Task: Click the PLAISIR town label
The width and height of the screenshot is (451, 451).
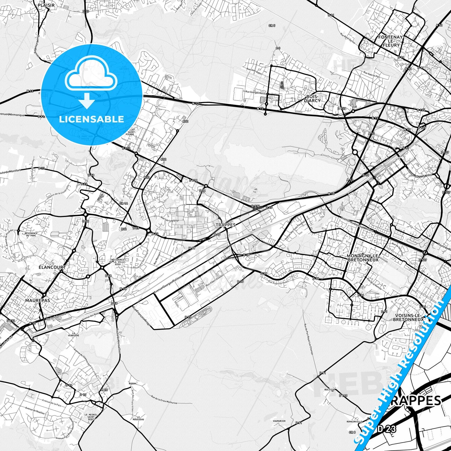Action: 46,5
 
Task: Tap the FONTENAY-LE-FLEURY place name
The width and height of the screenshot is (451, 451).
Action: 391,41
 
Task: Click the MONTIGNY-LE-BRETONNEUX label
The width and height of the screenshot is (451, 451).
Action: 362,257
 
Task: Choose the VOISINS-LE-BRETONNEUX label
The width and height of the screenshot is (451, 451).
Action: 408,317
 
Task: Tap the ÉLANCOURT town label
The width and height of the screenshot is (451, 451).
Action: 52,267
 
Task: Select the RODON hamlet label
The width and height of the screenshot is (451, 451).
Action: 132,384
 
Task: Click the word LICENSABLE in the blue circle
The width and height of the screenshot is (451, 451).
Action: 91,119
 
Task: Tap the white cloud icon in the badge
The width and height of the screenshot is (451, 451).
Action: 91,76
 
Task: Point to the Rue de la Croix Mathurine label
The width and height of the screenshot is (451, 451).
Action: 164,400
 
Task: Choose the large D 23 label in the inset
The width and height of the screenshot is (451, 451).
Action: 387,429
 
